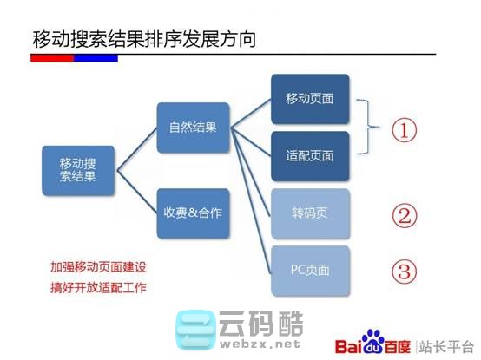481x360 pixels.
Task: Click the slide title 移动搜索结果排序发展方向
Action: click(x=143, y=39)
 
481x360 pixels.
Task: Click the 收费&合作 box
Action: click(x=193, y=213)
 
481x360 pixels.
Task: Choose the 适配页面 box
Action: click(x=310, y=156)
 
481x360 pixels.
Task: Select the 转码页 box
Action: click(x=310, y=213)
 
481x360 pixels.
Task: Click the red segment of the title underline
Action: click(x=52, y=58)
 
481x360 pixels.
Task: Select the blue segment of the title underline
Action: click(x=96, y=58)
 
